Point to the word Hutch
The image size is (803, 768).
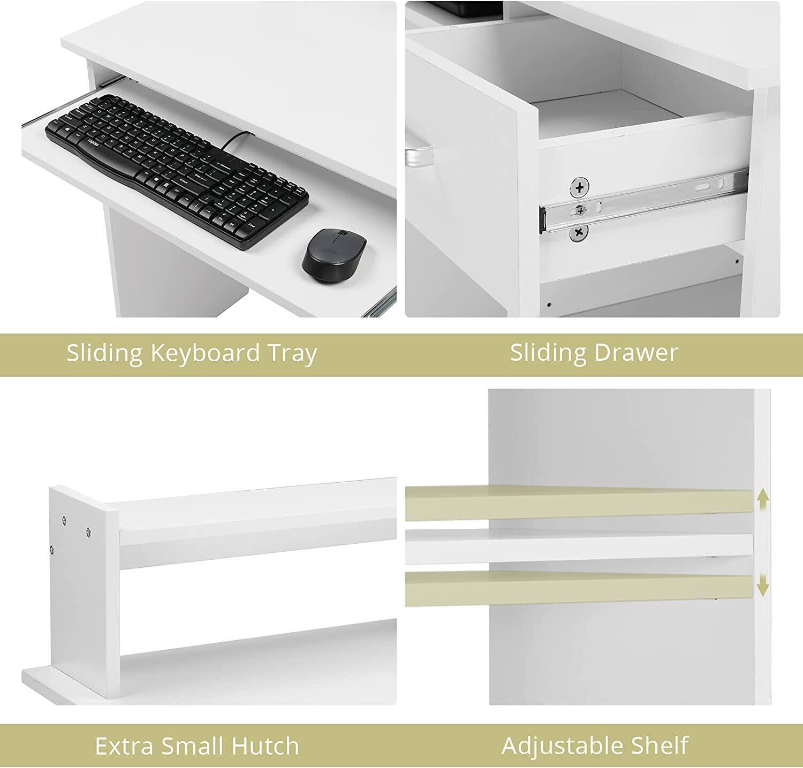point(264,746)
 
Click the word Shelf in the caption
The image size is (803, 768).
point(660,746)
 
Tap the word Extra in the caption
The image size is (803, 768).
point(125,746)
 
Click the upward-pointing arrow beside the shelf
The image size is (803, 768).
point(763,502)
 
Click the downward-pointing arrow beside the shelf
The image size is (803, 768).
point(763,586)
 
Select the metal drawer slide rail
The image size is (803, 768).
point(642,201)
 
